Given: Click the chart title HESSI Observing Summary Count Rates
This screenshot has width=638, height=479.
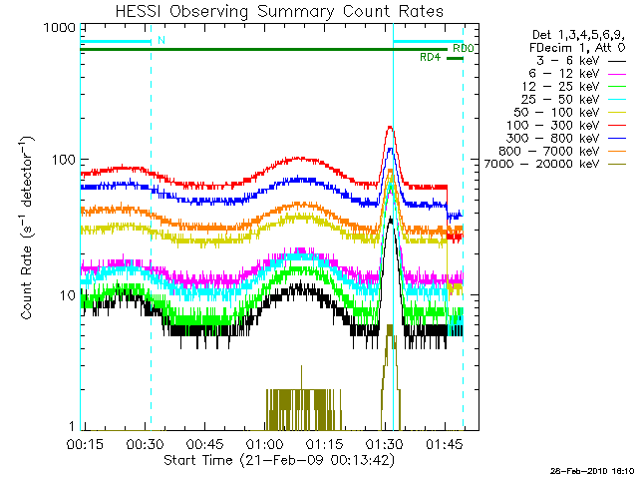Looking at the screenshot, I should tap(271, 11).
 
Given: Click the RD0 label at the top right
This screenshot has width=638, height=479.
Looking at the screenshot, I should tap(463, 48).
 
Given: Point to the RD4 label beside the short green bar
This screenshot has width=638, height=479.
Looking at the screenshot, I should tap(431, 58).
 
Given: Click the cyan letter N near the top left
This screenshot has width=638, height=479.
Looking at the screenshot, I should tap(161, 41).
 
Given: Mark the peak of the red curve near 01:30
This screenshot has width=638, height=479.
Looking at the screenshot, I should tap(390, 128).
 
